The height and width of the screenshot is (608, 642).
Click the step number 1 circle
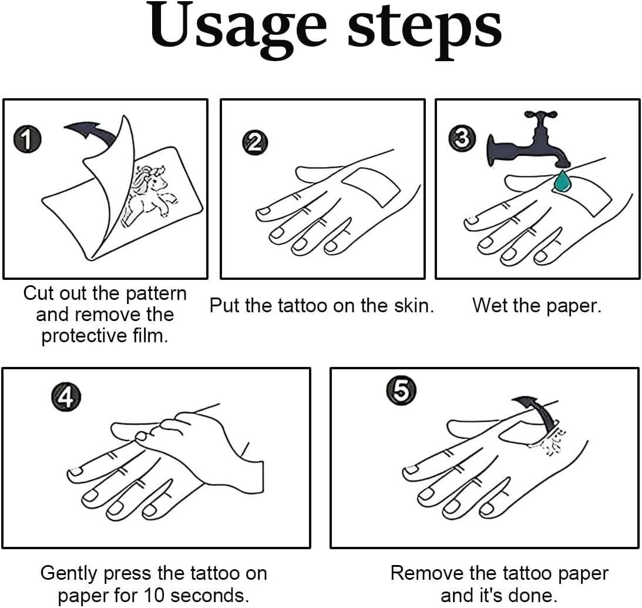click(27, 139)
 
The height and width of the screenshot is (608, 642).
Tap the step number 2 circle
click(255, 143)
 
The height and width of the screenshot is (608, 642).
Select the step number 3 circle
click(462, 139)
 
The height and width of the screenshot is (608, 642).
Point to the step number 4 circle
click(66, 397)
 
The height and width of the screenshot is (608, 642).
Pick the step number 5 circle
click(401, 390)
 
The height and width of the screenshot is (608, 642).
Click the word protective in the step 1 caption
click(85, 336)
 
